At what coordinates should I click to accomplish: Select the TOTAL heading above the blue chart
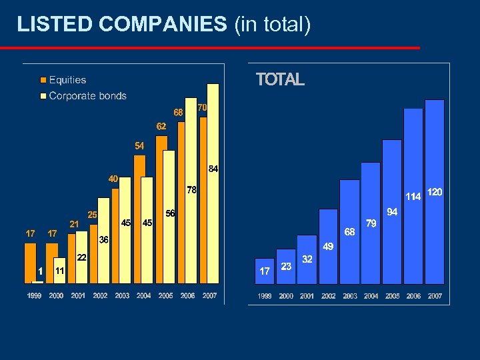[280, 80]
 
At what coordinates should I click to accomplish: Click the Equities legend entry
[67, 80]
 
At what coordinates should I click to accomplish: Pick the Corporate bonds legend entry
[87, 95]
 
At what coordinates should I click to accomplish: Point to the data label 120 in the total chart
[435, 192]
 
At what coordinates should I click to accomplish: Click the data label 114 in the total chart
[413, 196]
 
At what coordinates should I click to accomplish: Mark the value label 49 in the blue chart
[328, 247]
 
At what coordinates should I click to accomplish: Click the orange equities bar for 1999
[30, 263]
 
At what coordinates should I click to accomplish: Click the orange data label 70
[203, 107]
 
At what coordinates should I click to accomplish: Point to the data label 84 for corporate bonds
[213, 169]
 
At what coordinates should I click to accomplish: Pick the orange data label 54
[139, 145]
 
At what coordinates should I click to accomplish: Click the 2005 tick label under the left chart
[165, 295]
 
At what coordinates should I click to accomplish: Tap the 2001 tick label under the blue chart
[307, 296]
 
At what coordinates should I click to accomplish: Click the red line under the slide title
[210, 48]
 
